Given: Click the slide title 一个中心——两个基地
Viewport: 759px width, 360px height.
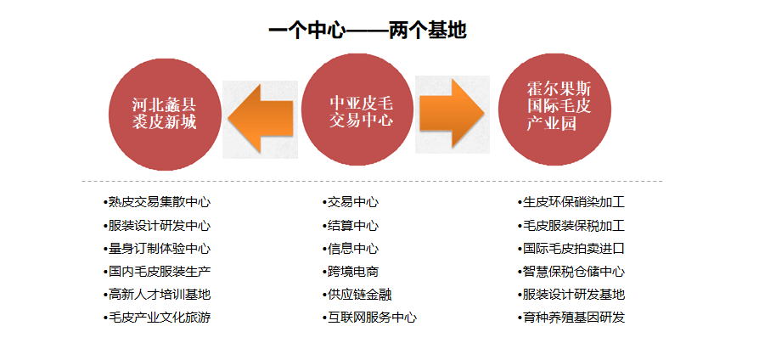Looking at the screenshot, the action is [x=368, y=31].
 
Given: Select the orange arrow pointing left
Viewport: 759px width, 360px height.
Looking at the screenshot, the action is [x=261, y=118].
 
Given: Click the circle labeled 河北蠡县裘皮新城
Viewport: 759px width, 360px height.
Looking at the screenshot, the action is [x=165, y=114].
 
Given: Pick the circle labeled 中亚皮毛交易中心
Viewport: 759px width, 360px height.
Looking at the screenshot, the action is [x=357, y=110].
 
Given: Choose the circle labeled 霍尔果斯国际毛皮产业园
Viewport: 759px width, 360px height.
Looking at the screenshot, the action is [x=554, y=110].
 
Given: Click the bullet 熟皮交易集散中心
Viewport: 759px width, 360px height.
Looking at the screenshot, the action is [x=157, y=202].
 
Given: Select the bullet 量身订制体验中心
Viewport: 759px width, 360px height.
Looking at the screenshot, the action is [x=157, y=249].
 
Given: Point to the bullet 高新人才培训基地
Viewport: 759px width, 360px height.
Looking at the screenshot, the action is [x=157, y=294].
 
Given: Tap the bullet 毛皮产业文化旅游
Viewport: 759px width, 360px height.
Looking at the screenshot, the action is [x=157, y=318].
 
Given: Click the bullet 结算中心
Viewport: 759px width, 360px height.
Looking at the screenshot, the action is [x=351, y=226].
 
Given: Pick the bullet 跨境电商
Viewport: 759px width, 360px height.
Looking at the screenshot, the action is [x=351, y=272].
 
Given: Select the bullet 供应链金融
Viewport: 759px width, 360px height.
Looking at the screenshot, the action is [x=357, y=294].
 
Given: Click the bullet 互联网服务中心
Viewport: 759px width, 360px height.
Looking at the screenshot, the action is [x=369, y=318].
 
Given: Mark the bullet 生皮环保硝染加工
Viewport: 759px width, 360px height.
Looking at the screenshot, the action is [x=571, y=202].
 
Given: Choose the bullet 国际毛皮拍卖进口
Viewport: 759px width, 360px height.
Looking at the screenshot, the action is [x=571, y=249].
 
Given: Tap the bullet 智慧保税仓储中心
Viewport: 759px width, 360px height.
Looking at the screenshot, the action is [x=571, y=272].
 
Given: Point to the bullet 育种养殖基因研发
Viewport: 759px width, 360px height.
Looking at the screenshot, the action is [x=571, y=318].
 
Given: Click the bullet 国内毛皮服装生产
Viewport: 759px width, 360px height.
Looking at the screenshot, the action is [x=157, y=272].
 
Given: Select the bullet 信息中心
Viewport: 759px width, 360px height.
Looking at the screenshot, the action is [x=351, y=249].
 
